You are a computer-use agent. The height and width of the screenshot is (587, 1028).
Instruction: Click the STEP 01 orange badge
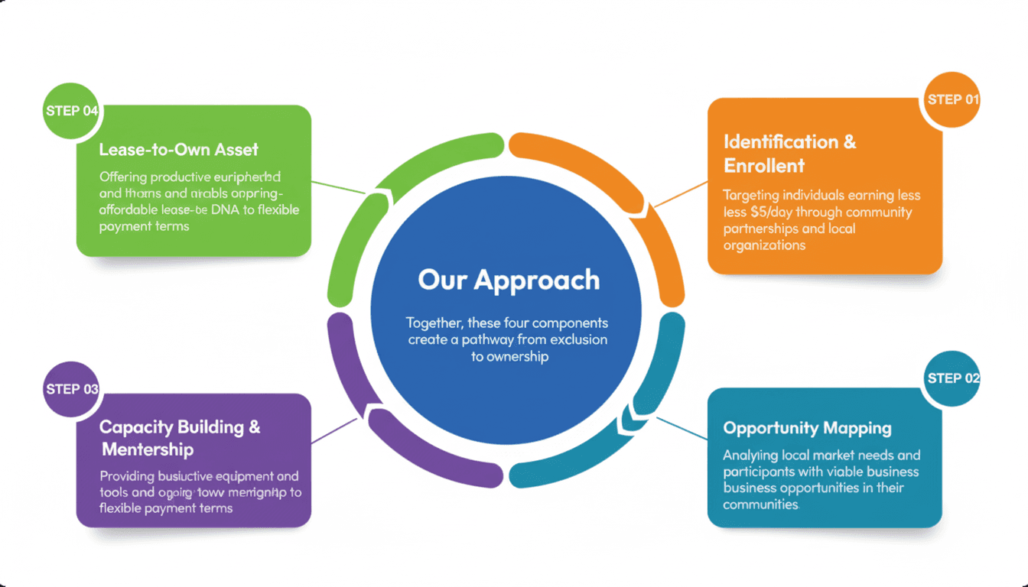952,100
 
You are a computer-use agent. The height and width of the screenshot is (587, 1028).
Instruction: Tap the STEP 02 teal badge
952,378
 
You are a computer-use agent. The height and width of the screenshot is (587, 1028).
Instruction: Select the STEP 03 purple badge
72,389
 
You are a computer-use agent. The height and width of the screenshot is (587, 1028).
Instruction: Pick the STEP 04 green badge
72,111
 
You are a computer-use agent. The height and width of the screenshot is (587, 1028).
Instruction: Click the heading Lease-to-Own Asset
178,150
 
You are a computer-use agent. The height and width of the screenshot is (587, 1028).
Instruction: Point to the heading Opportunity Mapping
807,428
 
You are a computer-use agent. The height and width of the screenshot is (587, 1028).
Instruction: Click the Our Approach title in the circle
509,280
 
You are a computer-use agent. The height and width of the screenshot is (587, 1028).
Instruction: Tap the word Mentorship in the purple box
148,449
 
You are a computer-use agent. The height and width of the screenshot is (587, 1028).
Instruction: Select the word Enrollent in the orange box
764,165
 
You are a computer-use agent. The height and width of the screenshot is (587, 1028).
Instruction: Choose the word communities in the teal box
760,504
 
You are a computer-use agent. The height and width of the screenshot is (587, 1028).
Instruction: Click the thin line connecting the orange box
681,194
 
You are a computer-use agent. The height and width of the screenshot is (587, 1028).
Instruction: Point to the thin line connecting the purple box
334,430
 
